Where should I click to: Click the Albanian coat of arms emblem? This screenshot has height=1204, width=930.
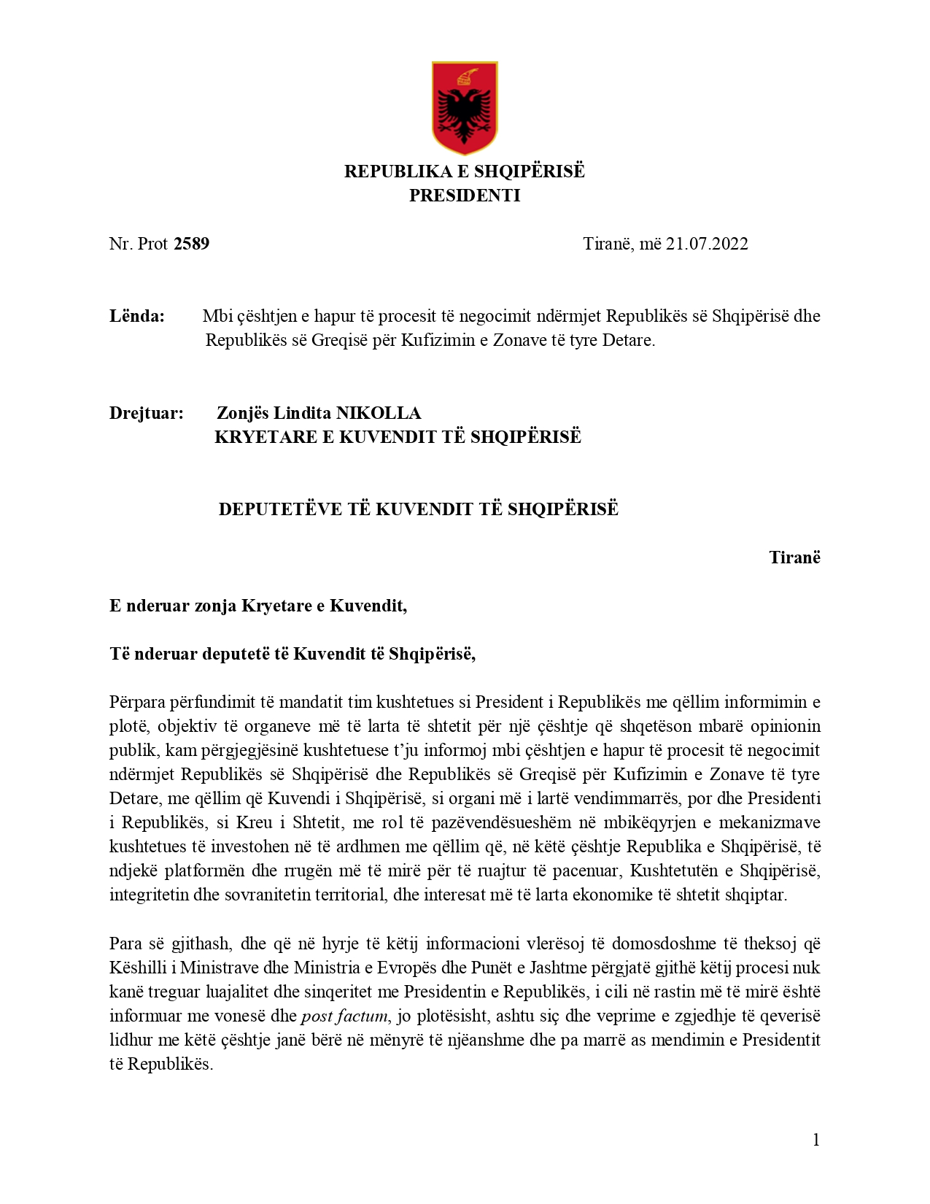pyautogui.click(x=465, y=107)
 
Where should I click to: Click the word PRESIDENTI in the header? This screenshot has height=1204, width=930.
pyautogui.click(x=465, y=196)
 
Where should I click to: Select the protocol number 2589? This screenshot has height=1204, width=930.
pyautogui.click(x=192, y=244)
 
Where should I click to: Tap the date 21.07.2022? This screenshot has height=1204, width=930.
pyautogui.click(x=707, y=244)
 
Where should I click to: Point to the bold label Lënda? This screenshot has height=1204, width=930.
pyautogui.click(x=137, y=316)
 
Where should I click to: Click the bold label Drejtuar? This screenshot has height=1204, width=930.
pyautogui.click(x=146, y=413)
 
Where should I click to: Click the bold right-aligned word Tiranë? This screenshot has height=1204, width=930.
pyautogui.click(x=794, y=557)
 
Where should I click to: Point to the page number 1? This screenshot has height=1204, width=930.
pyautogui.click(x=816, y=1140)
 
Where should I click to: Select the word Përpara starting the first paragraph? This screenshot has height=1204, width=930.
pyautogui.click(x=137, y=702)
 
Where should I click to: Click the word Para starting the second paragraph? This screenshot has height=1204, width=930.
pyautogui.click(x=125, y=943)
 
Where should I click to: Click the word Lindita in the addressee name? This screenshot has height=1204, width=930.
pyautogui.click(x=302, y=413)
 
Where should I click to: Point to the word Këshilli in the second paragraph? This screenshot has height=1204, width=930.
pyautogui.click(x=136, y=968)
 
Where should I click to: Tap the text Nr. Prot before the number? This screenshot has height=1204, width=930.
pyautogui.click(x=139, y=244)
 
